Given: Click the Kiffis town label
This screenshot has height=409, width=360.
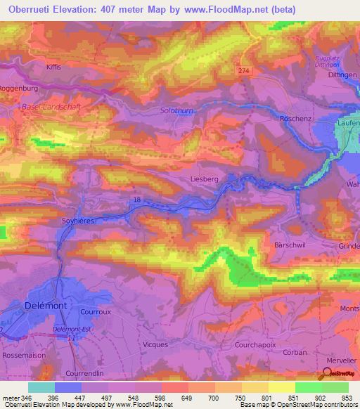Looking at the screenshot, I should pyautogui.click(x=53, y=66).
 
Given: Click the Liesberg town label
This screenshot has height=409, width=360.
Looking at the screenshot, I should pyautogui.click(x=205, y=179).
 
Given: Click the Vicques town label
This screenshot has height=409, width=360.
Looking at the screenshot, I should pyautogui.click(x=155, y=344).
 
